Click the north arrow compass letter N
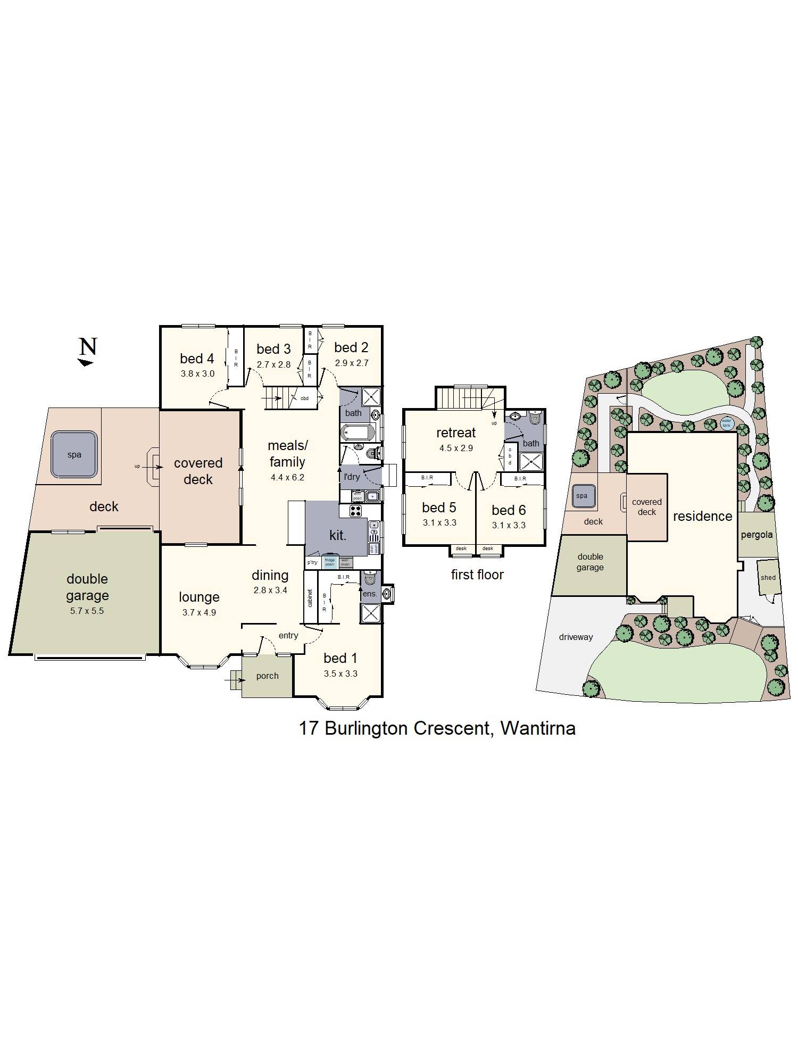[88, 347]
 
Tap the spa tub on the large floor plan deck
[74, 454]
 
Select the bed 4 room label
[197, 359]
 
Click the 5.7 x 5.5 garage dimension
[87, 611]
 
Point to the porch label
[267, 676]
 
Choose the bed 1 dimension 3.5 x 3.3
[340, 674]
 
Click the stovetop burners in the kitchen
[355, 511]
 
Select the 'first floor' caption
[477, 575]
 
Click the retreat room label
[456, 433]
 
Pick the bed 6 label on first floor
[509, 510]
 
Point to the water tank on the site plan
[727, 423]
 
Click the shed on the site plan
[768, 577]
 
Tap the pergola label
[757, 535]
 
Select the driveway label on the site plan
[576, 637]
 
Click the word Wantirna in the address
[538, 728]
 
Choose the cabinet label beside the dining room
[310, 598]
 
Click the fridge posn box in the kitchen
[330, 561]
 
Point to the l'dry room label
[352, 477]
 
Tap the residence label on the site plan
[702, 516]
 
